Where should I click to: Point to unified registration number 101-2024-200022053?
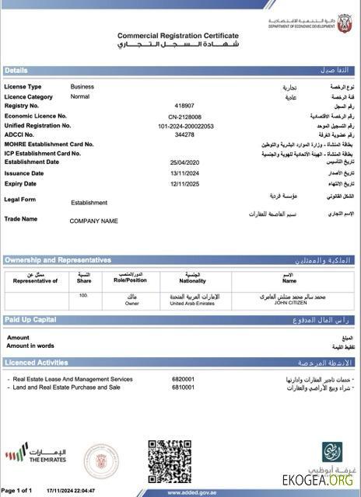(184, 125)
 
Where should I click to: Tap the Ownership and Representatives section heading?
(58, 260)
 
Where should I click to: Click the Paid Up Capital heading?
(30, 320)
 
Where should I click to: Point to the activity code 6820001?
(182, 379)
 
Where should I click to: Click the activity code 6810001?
(182, 387)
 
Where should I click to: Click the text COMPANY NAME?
(93, 221)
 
